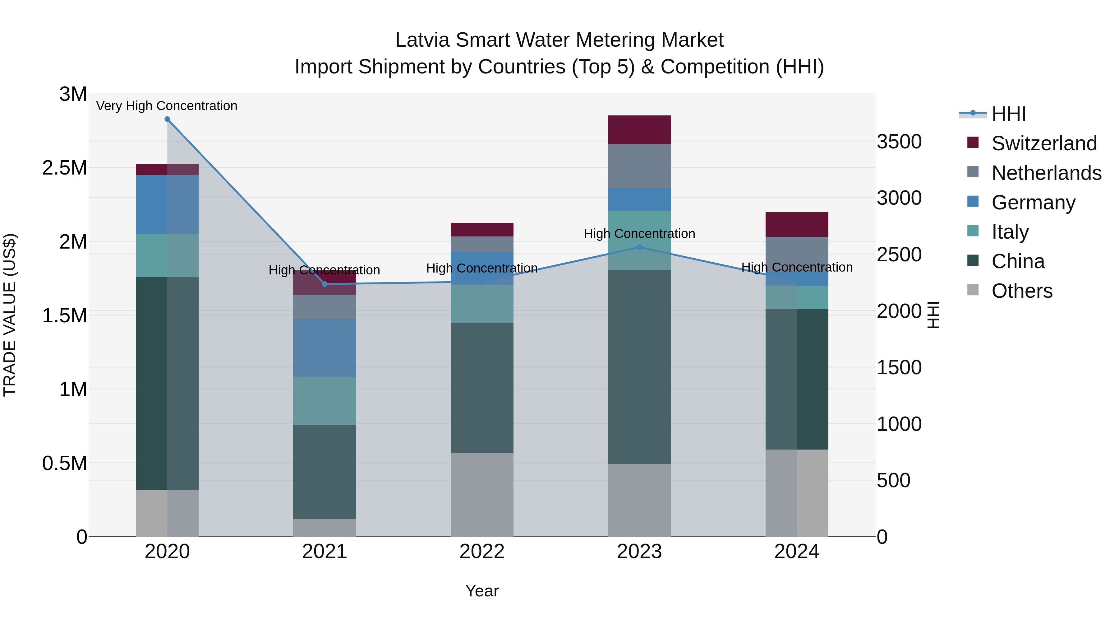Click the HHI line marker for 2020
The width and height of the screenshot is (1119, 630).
pos(167,119)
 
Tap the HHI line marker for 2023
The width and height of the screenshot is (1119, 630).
pos(639,247)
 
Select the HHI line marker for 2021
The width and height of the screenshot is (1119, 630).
pos(325,284)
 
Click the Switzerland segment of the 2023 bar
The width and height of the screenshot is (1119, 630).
pos(639,129)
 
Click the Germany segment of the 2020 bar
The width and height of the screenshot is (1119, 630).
pos(167,204)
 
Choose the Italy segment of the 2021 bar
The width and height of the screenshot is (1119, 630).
pos(325,400)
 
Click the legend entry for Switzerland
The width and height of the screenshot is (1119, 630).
pos(1044,143)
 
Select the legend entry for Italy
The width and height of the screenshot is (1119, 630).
pos(1010,232)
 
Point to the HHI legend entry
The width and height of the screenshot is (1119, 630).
pos(1008,114)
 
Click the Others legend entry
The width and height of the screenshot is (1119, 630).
pos(1022,291)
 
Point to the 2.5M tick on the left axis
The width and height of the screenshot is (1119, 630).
pos(65,168)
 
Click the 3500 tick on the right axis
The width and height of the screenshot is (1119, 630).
pos(899,142)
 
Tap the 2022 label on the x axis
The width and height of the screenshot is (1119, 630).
pos(482,552)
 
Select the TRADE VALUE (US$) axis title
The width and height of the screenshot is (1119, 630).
pos(10,315)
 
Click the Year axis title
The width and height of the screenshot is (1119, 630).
pos(482,591)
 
